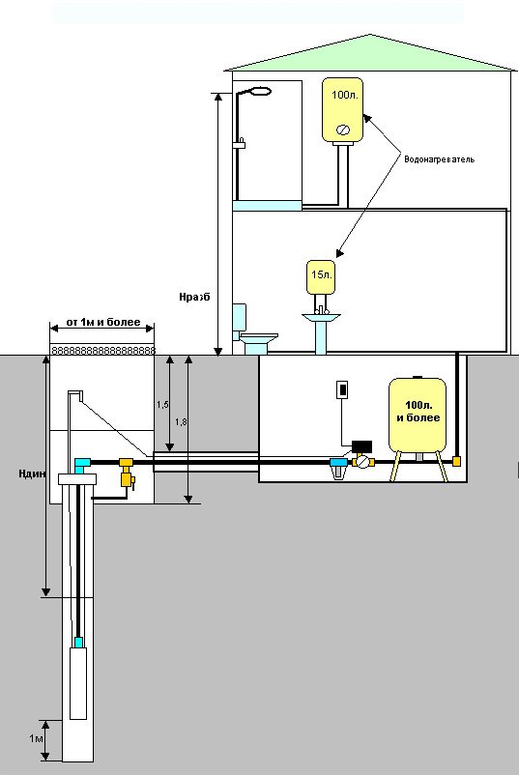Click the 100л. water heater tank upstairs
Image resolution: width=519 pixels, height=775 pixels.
342,109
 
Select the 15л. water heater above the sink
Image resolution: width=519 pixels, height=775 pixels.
321,276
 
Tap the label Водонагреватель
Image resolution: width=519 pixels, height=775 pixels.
439,159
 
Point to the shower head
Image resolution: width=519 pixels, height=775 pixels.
261,91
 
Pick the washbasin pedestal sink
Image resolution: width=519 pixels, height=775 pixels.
321,332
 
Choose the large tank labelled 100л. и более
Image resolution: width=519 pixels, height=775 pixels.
418,416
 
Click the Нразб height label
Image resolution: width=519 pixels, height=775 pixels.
194,297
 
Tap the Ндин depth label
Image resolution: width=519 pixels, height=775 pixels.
33,474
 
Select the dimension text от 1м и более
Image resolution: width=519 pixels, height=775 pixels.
103,322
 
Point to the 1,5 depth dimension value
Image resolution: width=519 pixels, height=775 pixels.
162,404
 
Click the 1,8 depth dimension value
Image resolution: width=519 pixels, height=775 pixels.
181,421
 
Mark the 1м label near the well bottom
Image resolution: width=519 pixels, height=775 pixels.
36,739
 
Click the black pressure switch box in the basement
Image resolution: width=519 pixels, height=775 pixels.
361,446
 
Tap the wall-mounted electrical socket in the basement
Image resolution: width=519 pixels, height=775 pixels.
341,389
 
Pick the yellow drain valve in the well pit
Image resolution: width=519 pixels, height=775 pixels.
127,473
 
